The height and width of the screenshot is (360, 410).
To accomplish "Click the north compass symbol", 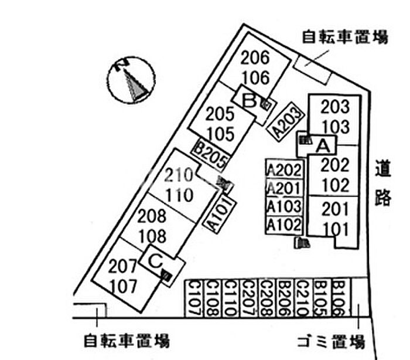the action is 132,80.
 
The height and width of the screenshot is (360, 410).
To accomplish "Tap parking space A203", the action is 286,121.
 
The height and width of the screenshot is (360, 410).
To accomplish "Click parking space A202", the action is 285,169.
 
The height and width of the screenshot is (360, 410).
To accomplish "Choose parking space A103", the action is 285,206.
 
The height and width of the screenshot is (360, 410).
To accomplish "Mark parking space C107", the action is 194,298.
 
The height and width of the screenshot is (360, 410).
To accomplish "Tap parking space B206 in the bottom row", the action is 286,298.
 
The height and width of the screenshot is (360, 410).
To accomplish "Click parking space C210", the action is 304,298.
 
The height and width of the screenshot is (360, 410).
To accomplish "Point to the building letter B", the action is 249,100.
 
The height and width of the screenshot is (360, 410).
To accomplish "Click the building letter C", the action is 156,261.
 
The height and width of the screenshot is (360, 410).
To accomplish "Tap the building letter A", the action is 323,145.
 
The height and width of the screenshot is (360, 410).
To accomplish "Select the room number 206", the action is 255,57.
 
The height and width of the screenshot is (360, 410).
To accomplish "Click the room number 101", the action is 336,229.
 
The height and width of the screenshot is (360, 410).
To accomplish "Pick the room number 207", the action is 122,266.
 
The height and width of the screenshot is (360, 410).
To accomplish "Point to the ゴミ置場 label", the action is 332,342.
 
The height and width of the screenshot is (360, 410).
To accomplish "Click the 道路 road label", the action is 383,183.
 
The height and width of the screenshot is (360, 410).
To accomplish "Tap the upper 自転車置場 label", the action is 345,37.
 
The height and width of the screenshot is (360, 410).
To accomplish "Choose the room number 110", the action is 180,195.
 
